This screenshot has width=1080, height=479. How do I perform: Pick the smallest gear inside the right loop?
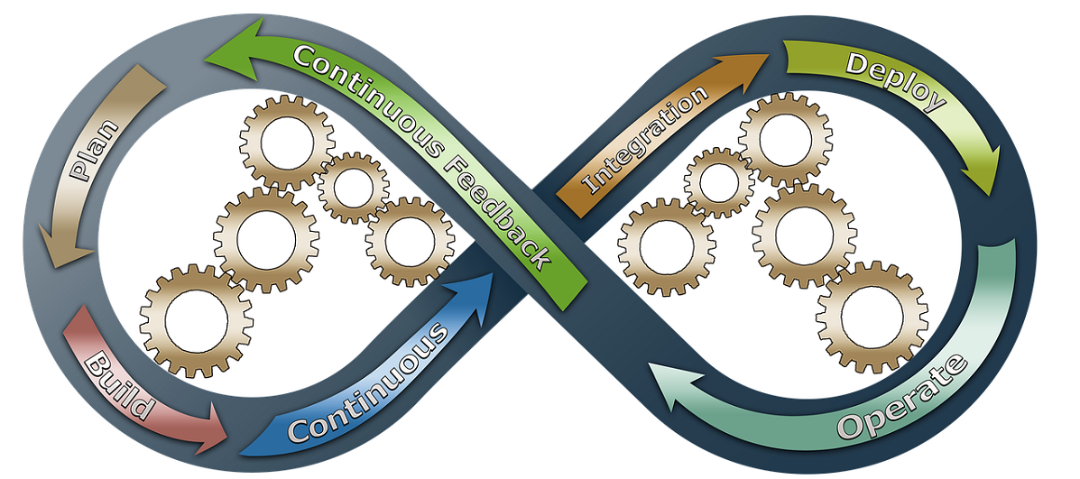(719, 183)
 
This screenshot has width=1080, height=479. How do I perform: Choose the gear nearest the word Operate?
(871, 316)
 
